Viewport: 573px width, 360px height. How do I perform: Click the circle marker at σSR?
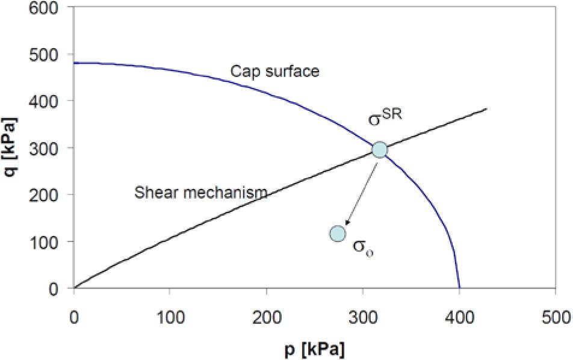pos(379,149)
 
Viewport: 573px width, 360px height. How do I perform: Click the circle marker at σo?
pos(338,233)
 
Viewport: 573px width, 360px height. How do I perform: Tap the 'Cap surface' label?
pos(275,72)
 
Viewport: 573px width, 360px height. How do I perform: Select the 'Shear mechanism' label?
pos(201,193)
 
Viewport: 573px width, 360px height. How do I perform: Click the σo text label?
pos(363,248)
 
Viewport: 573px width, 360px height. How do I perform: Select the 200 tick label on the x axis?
pos(266,317)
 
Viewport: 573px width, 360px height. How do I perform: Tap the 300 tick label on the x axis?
pos(362,317)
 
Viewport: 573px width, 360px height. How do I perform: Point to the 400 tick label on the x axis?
pos(459,317)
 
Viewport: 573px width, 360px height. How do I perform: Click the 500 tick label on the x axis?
pos(555,317)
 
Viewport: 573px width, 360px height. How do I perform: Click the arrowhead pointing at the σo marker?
pos(348,222)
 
